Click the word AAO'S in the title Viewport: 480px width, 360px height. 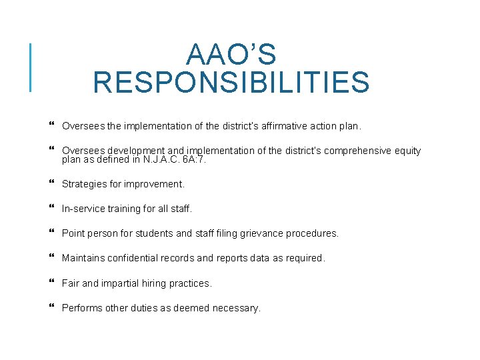(231, 55)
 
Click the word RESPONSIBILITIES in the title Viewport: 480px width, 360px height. (231, 83)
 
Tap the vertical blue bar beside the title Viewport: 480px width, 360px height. (30, 67)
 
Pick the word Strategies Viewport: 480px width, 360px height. (85, 184)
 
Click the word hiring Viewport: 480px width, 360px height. (157, 283)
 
